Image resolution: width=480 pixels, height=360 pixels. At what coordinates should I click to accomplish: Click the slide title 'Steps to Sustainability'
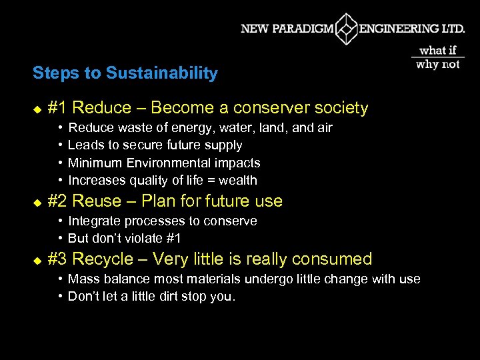tap(125, 73)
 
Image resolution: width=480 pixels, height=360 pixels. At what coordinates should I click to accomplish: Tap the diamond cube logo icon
tap(347, 29)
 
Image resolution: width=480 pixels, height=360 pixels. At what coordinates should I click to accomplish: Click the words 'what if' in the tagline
tap(438, 50)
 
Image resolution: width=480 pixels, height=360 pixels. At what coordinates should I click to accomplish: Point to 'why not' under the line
tap(438, 65)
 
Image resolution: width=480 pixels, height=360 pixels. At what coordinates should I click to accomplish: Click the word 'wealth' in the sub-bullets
tap(238, 180)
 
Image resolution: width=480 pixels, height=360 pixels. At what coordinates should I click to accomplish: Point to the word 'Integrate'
tap(93, 221)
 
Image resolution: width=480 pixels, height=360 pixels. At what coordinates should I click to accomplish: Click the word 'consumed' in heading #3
tap(337, 259)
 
